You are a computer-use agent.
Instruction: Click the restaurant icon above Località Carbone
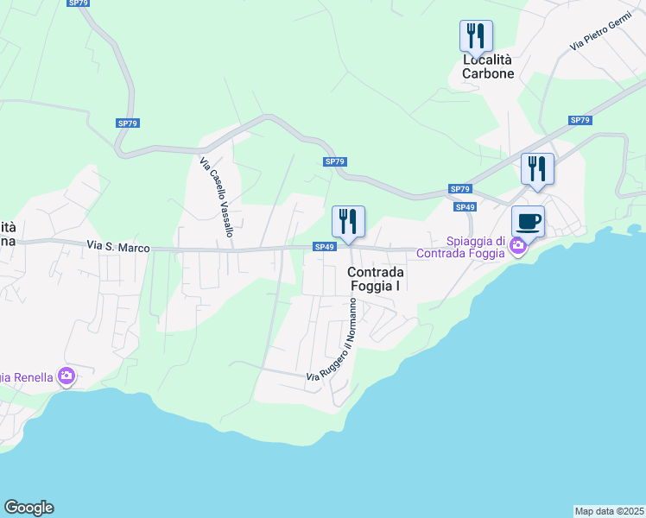pyautogui.click(x=475, y=37)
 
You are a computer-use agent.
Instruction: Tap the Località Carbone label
pyautogui.click(x=488, y=66)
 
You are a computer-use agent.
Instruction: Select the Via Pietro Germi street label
pyautogui.click(x=601, y=37)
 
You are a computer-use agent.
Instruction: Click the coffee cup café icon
pyautogui.click(x=528, y=221)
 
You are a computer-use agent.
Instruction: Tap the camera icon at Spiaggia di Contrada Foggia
pyautogui.click(x=517, y=247)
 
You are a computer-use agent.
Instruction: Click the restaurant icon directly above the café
pyautogui.click(x=537, y=168)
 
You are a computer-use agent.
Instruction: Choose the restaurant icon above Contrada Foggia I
pyautogui.click(x=349, y=222)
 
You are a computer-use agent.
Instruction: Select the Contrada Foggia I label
pyautogui.click(x=377, y=278)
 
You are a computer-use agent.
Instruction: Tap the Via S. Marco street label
pyautogui.click(x=118, y=248)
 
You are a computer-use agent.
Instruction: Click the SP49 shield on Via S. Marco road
pyautogui.click(x=324, y=248)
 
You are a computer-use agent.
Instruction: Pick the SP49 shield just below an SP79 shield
pyautogui.click(x=465, y=207)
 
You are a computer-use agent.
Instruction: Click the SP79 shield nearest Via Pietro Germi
pyautogui.click(x=579, y=120)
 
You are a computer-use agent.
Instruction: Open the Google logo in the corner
pyautogui.click(x=28, y=508)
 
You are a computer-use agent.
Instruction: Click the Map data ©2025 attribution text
pyautogui.click(x=609, y=511)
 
